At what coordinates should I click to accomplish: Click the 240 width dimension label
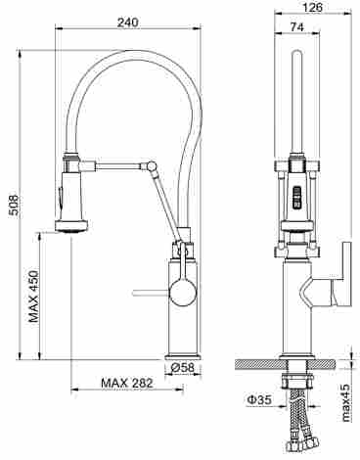(x=128, y=23)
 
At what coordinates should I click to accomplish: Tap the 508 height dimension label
(x=14, y=206)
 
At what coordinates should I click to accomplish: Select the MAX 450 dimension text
(x=33, y=297)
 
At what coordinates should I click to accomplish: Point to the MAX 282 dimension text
(x=127, y=383)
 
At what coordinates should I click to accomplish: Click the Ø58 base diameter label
(x=183, y=368)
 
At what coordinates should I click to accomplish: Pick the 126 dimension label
(x=312, y=7)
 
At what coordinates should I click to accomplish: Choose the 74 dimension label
(x=296, y=27)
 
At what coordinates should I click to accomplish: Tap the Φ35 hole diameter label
(x=258, y=400)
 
